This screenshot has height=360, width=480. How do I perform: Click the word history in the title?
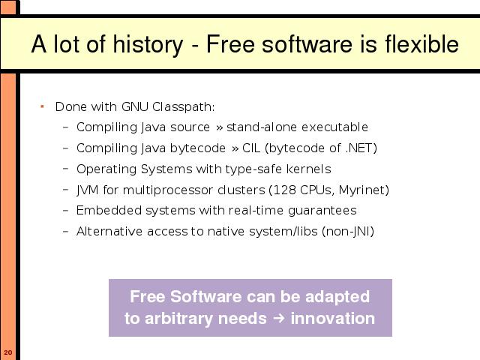point(148,45)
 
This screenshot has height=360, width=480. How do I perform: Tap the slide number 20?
point(8,352)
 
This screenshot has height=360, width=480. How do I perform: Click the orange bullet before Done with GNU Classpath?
point(42,106)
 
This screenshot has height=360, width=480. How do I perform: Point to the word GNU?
point(135,106)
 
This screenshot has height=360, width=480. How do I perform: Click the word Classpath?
point(183,106)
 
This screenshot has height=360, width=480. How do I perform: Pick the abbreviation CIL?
point(251,148)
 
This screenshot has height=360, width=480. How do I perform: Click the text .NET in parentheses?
point(358,148)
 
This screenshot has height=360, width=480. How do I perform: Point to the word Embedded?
point(109,210)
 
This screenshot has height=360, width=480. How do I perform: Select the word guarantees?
point(322,211)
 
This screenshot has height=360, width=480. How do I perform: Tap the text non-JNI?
point(348,231)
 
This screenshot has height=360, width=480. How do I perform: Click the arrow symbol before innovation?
point(278,318)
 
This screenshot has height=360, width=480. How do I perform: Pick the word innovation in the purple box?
point(333,318)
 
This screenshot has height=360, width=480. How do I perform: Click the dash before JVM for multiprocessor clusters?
point(65,190)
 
